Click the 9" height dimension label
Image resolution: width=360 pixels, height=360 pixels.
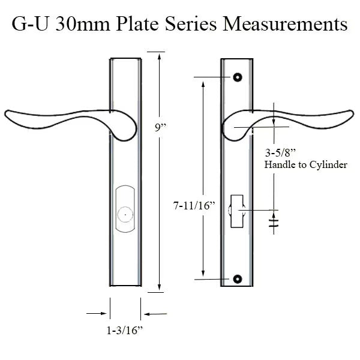(x=160, y=127)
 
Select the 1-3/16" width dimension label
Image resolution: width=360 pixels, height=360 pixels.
(x=125, y=330)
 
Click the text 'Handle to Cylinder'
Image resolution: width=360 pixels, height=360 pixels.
(x=305, y=164)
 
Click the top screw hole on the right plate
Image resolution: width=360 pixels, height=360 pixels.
(x=238, y=77)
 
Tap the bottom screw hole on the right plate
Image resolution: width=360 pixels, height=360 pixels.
(x=238, y=279)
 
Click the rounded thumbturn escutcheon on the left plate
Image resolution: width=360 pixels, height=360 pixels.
(x=125, y=211)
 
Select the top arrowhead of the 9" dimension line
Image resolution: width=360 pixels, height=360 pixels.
(x=160, y=56)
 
